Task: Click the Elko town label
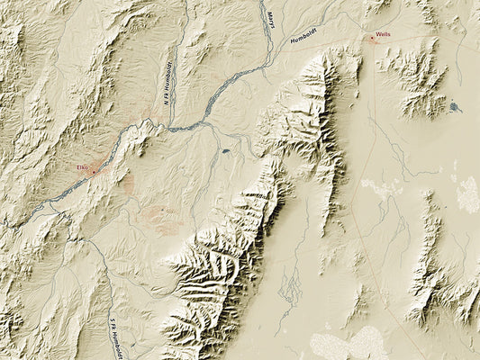[82, 167]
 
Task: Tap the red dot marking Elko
[92, 169]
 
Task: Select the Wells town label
[384, 32]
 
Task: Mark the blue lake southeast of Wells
[454, 107]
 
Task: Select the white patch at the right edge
[468, 193]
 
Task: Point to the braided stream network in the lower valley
[290, 288]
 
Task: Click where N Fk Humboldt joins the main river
[171, 129]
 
